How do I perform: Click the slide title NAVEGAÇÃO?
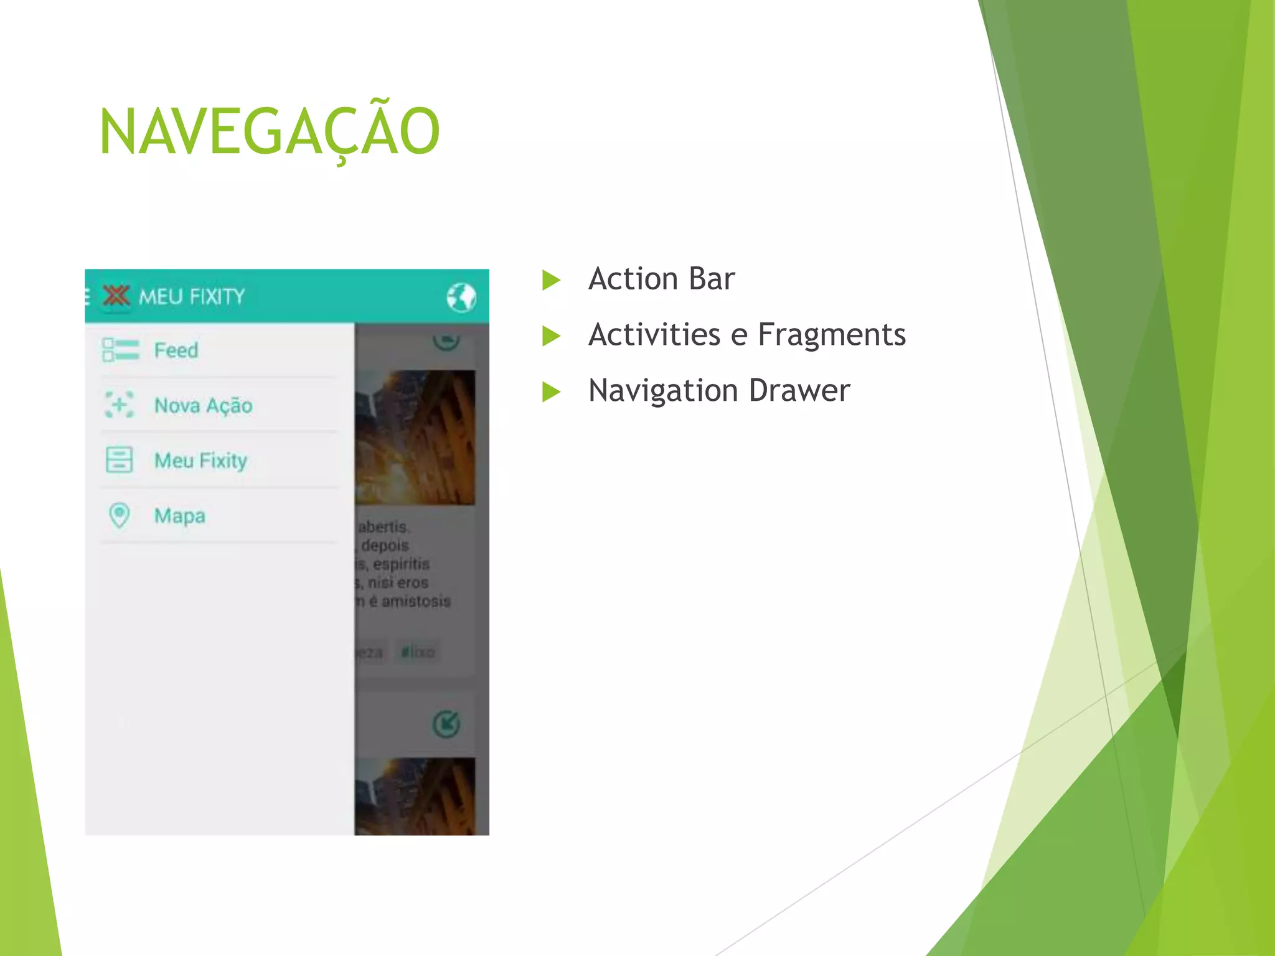point(270,131)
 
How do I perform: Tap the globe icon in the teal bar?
point(461,297)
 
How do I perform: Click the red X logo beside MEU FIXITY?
point(116,296)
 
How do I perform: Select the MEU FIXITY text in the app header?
point(192,297)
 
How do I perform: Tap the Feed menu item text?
point(176,350)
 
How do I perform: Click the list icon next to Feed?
point(120,350)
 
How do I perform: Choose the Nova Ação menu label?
point(203,406)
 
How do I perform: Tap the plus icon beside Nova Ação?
point(119,405)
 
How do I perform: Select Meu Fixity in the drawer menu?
point(200,461)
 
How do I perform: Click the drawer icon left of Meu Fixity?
point(119,460)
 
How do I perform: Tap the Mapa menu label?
point(180,516)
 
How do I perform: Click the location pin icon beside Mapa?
point(119,515)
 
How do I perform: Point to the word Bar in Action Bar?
point(712,279)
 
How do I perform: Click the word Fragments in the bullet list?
point(831,335)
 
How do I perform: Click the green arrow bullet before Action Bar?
point(551,280)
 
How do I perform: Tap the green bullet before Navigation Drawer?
point(551,392)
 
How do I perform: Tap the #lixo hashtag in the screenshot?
point(418,652)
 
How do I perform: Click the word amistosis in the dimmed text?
point(416,601)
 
